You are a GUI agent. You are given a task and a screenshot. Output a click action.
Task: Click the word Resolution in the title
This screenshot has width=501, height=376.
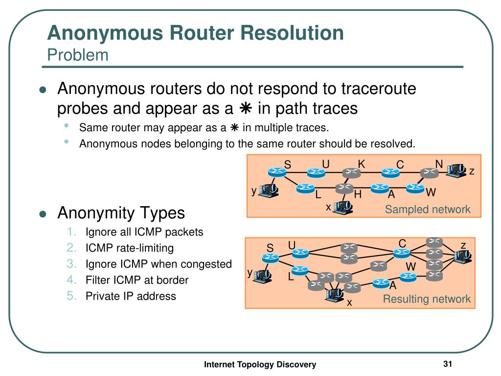click(285, 33)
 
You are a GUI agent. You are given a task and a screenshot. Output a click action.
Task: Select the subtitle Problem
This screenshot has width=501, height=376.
click(78, 55)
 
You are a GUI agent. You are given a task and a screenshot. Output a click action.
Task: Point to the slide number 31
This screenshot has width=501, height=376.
click(447, 364)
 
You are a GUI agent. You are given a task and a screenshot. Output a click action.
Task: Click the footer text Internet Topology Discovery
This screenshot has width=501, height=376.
click(260, 364)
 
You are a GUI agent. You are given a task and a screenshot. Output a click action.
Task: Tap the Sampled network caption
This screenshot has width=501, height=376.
click(427, 210)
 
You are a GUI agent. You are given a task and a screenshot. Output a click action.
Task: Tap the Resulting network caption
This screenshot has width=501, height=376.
click(427, 299)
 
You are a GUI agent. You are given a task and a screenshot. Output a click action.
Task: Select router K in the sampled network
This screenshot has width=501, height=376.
click(351, 172)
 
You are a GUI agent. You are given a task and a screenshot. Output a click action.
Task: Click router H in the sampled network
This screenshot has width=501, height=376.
click(344, 188)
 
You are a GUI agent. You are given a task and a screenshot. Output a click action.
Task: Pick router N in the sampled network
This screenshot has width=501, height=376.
click(430, 172)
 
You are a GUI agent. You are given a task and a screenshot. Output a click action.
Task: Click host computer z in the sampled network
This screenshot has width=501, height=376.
click(457, 170)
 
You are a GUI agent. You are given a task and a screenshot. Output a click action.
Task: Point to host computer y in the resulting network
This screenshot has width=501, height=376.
click(263, 275)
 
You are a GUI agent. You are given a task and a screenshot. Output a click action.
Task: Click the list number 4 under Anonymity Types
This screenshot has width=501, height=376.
click(72, 280)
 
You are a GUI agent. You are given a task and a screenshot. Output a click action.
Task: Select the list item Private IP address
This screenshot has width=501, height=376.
click(131, 296)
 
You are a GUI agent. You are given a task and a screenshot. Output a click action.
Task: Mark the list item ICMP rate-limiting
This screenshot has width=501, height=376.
click(130, 248)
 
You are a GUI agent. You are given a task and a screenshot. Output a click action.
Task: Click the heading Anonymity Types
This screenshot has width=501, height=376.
click(121, 213)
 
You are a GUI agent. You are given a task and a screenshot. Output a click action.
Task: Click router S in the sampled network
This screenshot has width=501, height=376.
click(276, 172)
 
